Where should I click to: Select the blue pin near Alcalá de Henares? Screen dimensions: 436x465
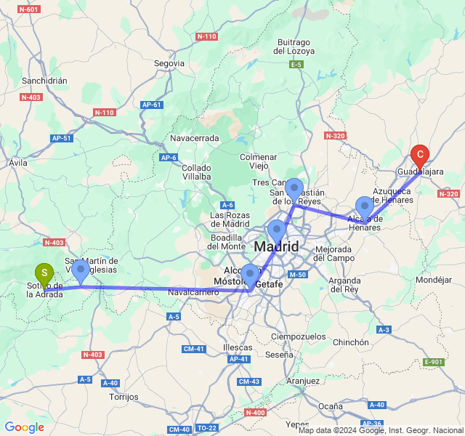pos(365,206)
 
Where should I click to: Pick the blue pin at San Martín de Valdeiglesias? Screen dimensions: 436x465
pos(81,271)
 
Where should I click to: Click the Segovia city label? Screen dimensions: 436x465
pos(169,63)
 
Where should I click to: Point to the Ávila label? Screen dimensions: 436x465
pos(17,163)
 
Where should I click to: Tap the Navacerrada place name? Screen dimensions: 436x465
pos(194,137)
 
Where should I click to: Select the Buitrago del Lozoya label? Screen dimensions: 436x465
pos(294,47)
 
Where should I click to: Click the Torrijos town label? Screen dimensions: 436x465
pos(123,397)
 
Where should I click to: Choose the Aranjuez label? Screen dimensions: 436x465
pos(303,381)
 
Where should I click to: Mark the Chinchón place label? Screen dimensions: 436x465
pos(350,342)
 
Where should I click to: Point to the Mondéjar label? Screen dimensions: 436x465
pos(434,279)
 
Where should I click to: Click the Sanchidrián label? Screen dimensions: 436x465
pos(44,81)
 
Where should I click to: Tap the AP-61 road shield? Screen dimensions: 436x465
pos(152,105)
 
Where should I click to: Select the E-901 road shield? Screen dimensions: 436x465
pos(433,362)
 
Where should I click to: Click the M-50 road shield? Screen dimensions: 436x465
pos(298,274)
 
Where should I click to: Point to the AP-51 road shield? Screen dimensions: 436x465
pos(62,138)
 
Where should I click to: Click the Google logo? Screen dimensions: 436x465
pos(24,427)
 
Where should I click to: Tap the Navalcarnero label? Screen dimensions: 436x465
pos(193,291)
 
